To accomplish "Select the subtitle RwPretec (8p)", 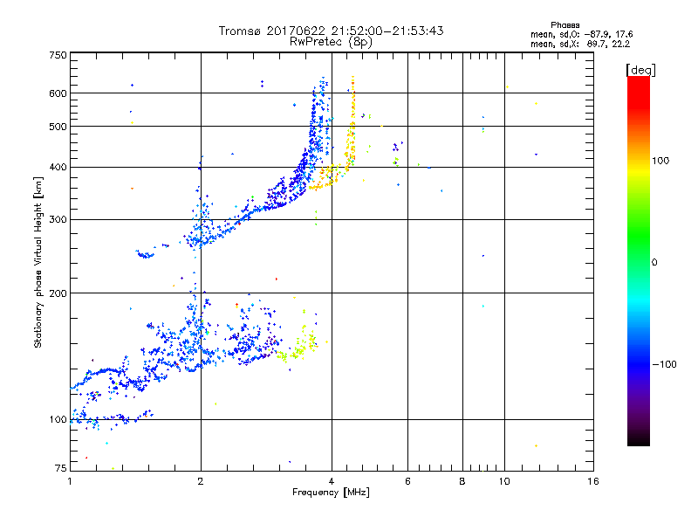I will coord(332,41).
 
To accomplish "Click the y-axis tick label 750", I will coord(57,55).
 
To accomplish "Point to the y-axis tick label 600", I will coord(57,93).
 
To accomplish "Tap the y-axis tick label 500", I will coord(57,127).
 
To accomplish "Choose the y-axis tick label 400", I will coord(57,167).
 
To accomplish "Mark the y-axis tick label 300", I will coord(57,220).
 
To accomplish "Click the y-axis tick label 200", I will coord(57,293).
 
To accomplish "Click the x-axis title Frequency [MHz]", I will coord(331,493).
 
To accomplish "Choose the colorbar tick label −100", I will coord(666,364).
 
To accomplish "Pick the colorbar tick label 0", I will coord(654,262).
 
